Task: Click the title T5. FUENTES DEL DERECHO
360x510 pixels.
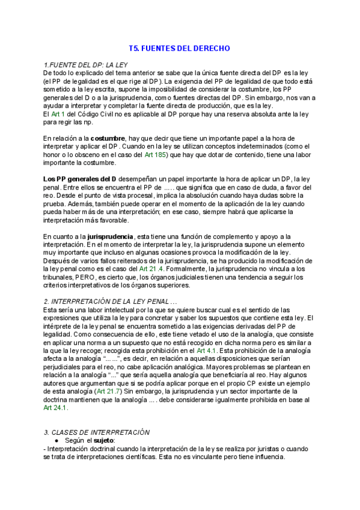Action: pyautogui.click(x=180, y=48)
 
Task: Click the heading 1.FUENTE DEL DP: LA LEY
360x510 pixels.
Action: pyautogui.click(x=85, y=64)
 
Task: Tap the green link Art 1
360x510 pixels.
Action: pyautogui.click(x=58, y=114)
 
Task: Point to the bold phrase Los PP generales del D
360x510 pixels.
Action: pyautogui.click(x=80, y=179)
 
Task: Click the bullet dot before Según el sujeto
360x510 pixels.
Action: pyautogui.click(x=56, y=440)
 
